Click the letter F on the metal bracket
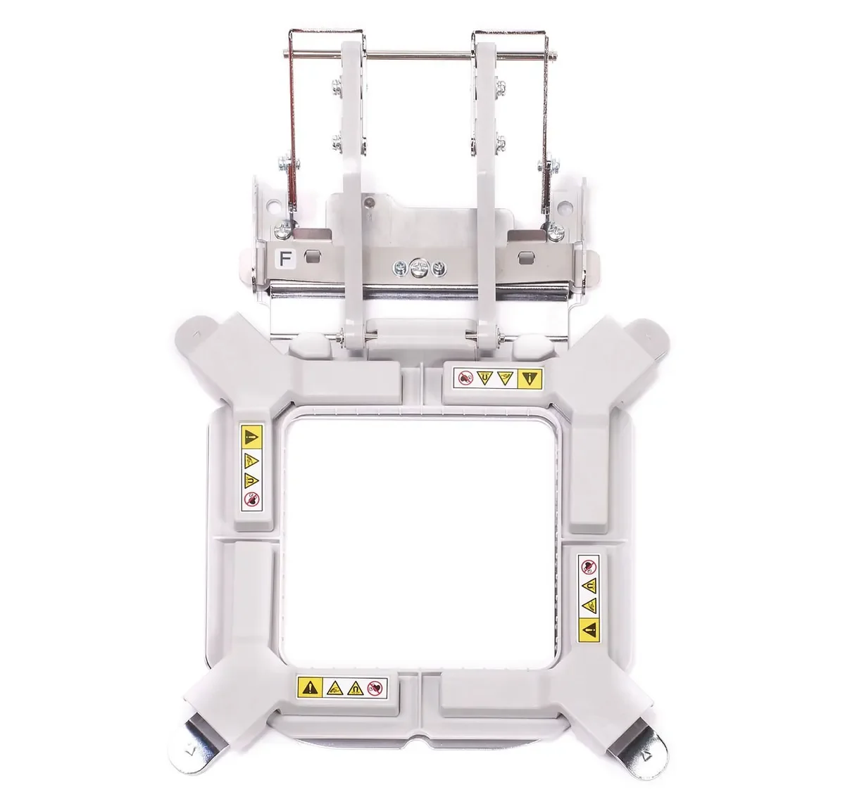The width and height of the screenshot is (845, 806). [285, 259]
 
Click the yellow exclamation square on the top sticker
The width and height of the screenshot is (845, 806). [530, 378]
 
